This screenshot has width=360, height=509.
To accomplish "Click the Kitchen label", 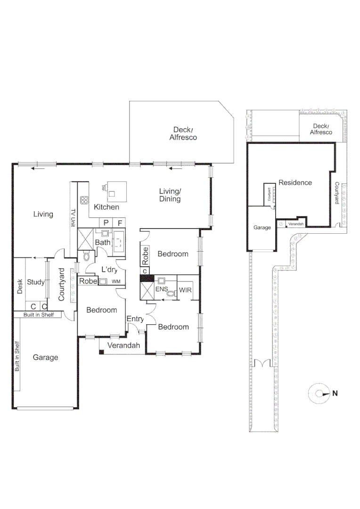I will (x=106, y=207).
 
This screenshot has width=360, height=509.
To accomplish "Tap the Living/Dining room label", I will (x=170, y=195).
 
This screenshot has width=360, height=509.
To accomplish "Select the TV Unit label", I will (x=73, y=218).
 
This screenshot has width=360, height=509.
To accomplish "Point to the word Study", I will (x=36, y=282).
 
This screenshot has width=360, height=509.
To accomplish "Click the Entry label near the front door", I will (x=135, y=319).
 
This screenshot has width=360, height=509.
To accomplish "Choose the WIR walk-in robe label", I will (x=184, y=290).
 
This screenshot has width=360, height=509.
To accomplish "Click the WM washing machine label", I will (x=116, y=281).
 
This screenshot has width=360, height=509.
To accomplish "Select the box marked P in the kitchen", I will (x=106, y=222).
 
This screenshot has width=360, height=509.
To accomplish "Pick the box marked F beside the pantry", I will (x=120, y=222).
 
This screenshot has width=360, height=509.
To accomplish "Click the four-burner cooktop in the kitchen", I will (x=84, y=200).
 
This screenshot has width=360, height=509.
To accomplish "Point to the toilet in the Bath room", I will (x=86, y=256).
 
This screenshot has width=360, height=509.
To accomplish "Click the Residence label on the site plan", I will (x=295, y=182).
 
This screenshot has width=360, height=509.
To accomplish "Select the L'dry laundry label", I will (x=109, y=270).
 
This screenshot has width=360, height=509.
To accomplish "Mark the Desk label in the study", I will (x=20, y=287).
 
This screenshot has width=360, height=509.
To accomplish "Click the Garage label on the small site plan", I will (x=262, y=227).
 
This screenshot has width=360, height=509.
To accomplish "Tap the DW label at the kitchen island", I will (x=104, y=188).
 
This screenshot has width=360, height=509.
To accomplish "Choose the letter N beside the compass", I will (x=335, y=393).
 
